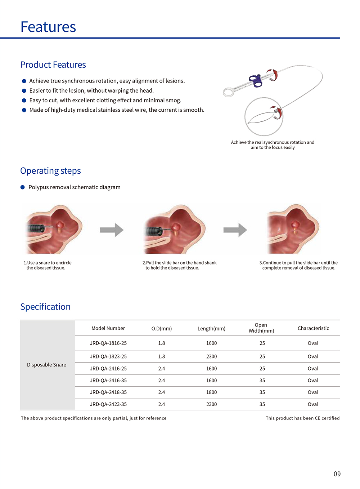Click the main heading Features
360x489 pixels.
[48, 27]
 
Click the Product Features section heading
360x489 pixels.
[53, 65]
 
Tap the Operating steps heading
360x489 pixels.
[50, 171]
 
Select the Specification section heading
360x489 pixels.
[45, 307]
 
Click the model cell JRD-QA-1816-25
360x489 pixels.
[108, 343]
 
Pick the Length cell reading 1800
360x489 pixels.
[211, 392]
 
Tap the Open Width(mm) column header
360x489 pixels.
[261, 328]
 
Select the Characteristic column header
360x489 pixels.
[313, 328]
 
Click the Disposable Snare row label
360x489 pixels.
[47, 365]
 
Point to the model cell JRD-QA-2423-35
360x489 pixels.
[108, 404]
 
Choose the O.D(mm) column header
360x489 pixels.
[162, 329]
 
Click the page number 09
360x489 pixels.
[337, 474]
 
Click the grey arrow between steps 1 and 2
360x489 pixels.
[112, 230]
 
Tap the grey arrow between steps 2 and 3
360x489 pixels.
[235, 230]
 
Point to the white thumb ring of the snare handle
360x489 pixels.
[229, 92]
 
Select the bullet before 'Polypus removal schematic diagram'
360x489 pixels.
[23, 187]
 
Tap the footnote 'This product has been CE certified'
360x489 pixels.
[302, 418]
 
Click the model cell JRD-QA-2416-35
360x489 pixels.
[108, 381]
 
